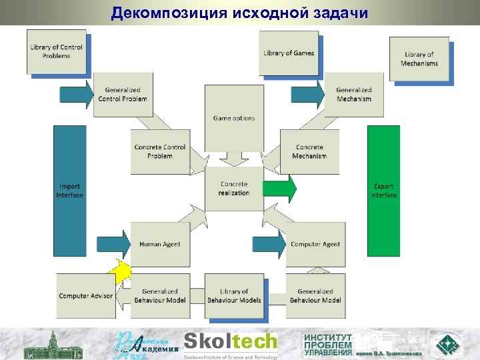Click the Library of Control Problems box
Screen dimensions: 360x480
click(57, 51)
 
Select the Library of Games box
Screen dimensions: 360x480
click(289, 53)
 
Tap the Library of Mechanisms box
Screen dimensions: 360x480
click(419, 59)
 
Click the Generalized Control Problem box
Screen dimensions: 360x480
click(123, 95)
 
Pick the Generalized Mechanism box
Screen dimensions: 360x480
click(354, 95)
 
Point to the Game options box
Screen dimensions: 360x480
click(234, 119)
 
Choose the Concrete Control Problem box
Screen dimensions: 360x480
click(160, 151)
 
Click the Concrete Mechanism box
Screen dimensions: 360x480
click(309, 151)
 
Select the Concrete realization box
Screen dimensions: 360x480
click(234, 189)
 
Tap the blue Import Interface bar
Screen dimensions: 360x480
click(70, 191)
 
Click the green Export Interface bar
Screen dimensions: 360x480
click(384, 191)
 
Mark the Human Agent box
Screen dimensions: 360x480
click(160, 244)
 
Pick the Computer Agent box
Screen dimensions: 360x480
click(315, 244)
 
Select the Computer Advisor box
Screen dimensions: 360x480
click(86, 295)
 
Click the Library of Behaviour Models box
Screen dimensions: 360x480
click(234, 295)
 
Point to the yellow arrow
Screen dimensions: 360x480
click(121, 271)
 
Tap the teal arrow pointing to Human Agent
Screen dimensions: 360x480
click(113, 244)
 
